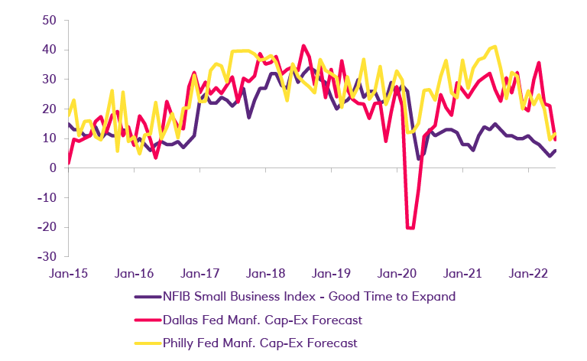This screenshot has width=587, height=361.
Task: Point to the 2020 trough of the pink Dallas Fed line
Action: click(410, 228)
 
